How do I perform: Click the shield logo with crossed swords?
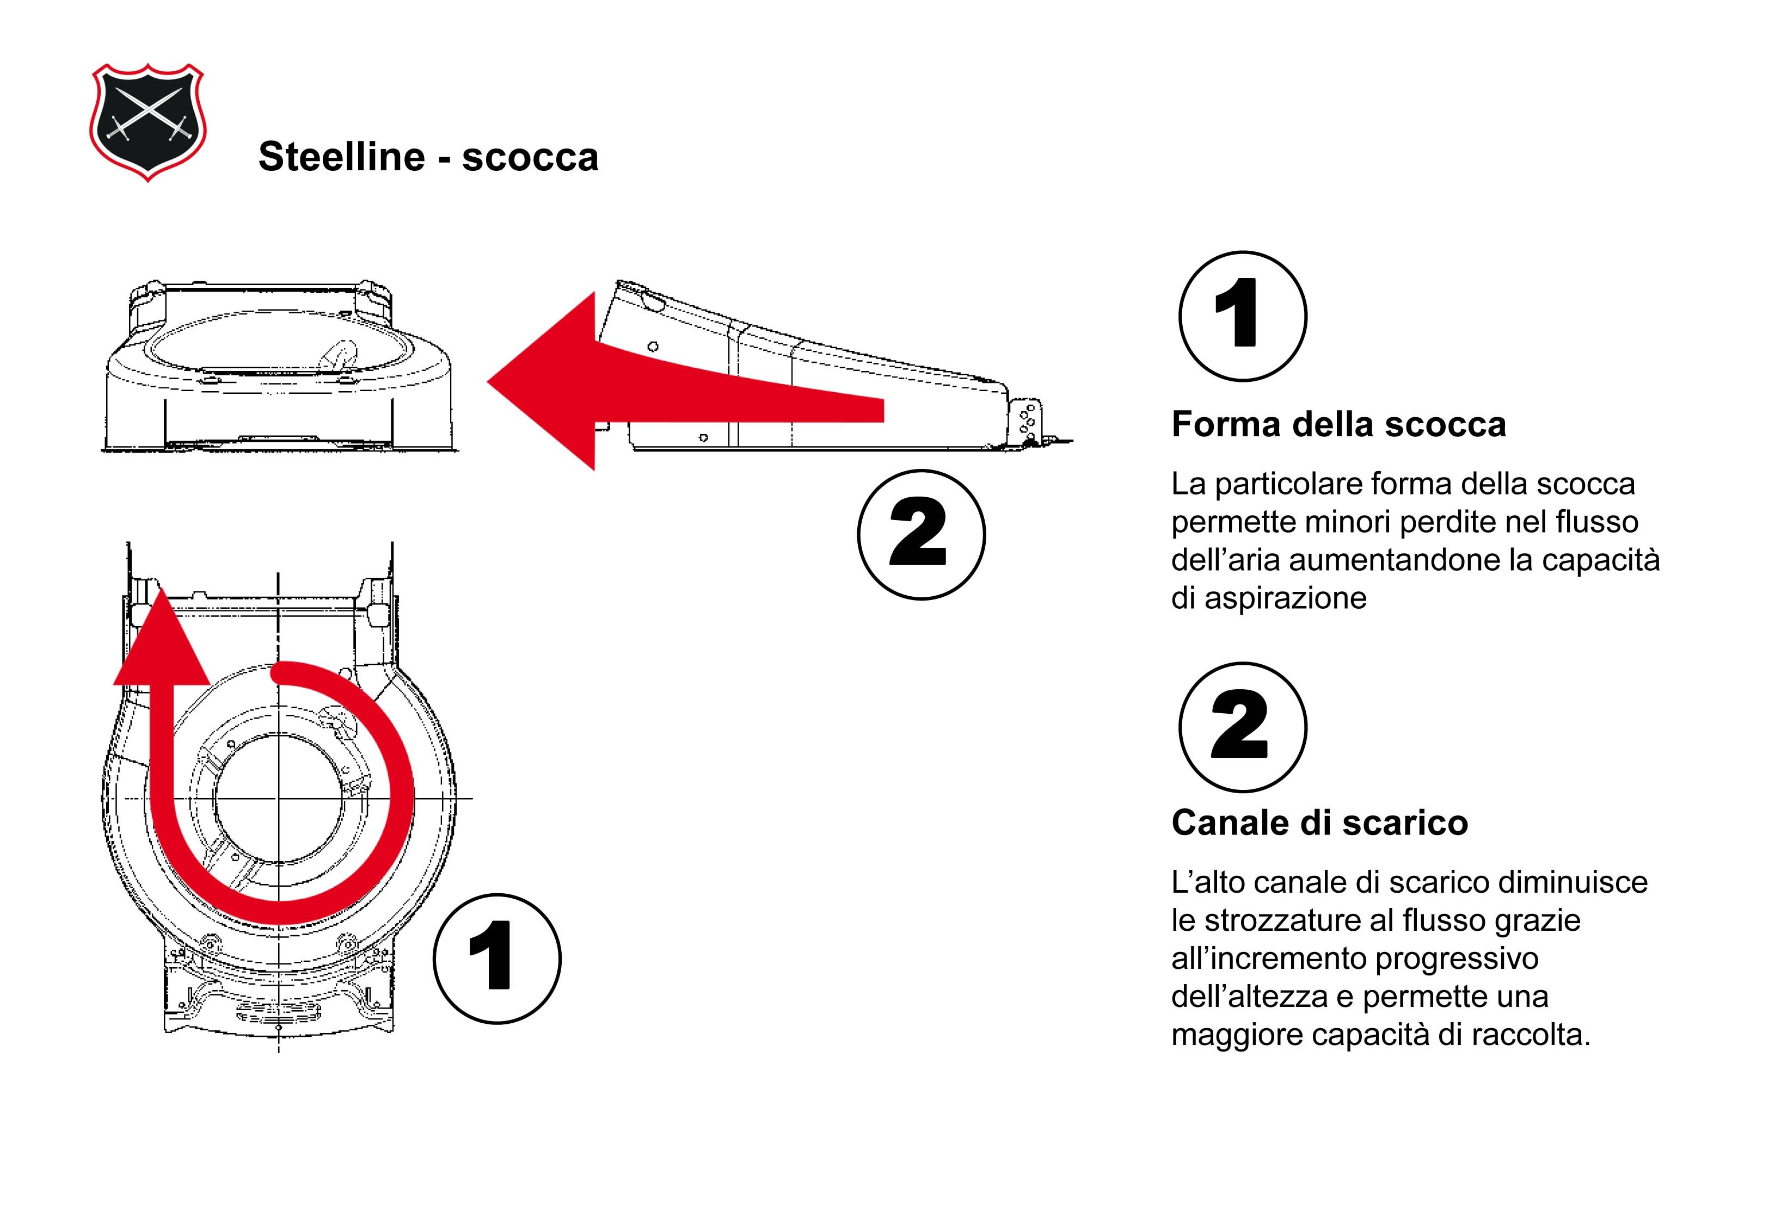coord(148,123)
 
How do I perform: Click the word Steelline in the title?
coord(341,157)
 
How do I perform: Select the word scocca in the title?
coord(530,157)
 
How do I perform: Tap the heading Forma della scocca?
coord(1338,424)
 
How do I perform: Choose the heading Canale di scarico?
coord(1319,823)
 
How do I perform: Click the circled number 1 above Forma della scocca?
coord(1242,316)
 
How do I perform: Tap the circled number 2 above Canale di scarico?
coord(1242,727)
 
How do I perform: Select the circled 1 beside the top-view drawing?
coord(496,958)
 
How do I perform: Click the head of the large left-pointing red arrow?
coord(545,381)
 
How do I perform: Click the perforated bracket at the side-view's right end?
coord(1029,422)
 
